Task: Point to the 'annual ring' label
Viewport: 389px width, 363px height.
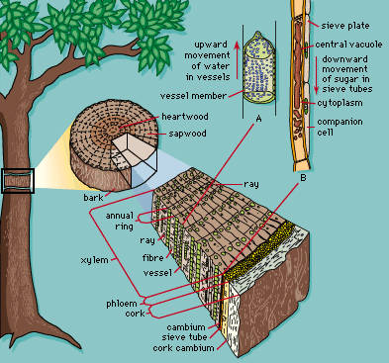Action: point(119,221)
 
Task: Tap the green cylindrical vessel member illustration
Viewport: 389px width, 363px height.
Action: point(259,67)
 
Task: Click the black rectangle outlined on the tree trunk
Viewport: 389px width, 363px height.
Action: point(18,181)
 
